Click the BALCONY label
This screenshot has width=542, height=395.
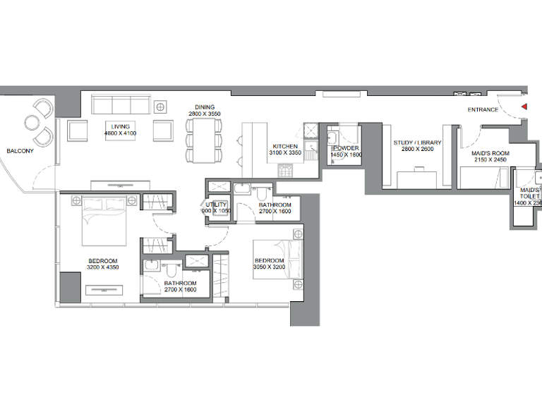click(20, 150)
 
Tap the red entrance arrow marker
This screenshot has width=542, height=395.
click(524, 107)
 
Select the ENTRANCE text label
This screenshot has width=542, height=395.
click(483, 110)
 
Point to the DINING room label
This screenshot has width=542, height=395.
click(205, 107)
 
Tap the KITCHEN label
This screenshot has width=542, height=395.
click(285, 146)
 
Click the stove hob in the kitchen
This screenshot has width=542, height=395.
click(286, 170)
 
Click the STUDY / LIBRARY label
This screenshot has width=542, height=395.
click(417, 142)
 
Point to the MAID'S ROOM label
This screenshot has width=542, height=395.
click(489, 152)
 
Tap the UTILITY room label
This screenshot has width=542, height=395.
click(217, 205)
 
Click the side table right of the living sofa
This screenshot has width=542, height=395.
click(161, 107)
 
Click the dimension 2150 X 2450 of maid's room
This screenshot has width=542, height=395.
click(489, 160)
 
